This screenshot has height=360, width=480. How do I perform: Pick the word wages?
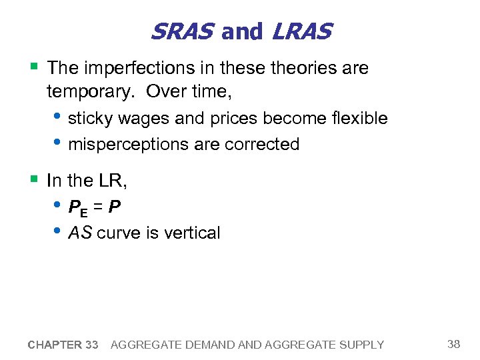[139, 119]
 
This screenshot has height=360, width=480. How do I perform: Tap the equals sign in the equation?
[99, 207]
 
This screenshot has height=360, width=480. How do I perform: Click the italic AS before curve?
[81, 233]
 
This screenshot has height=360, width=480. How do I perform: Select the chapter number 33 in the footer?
[92, 345]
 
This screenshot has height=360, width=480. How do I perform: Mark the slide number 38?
[454, 344]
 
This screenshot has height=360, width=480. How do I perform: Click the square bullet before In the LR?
[34, 179]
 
